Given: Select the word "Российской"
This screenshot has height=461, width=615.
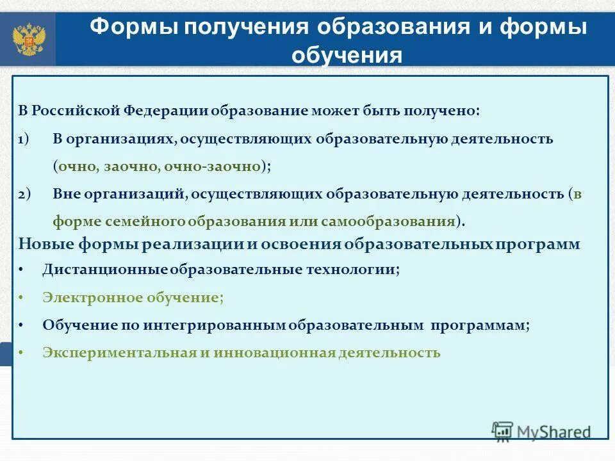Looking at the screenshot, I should point(75,110).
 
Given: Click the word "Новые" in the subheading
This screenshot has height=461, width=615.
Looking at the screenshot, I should point(47,244).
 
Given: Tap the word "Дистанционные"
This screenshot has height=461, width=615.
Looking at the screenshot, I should point(106,270).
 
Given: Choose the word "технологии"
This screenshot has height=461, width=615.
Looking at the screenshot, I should point(359,270).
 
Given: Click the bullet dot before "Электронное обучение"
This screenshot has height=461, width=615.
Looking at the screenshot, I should point(22,298).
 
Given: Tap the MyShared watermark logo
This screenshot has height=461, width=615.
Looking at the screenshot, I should point(541,431).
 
